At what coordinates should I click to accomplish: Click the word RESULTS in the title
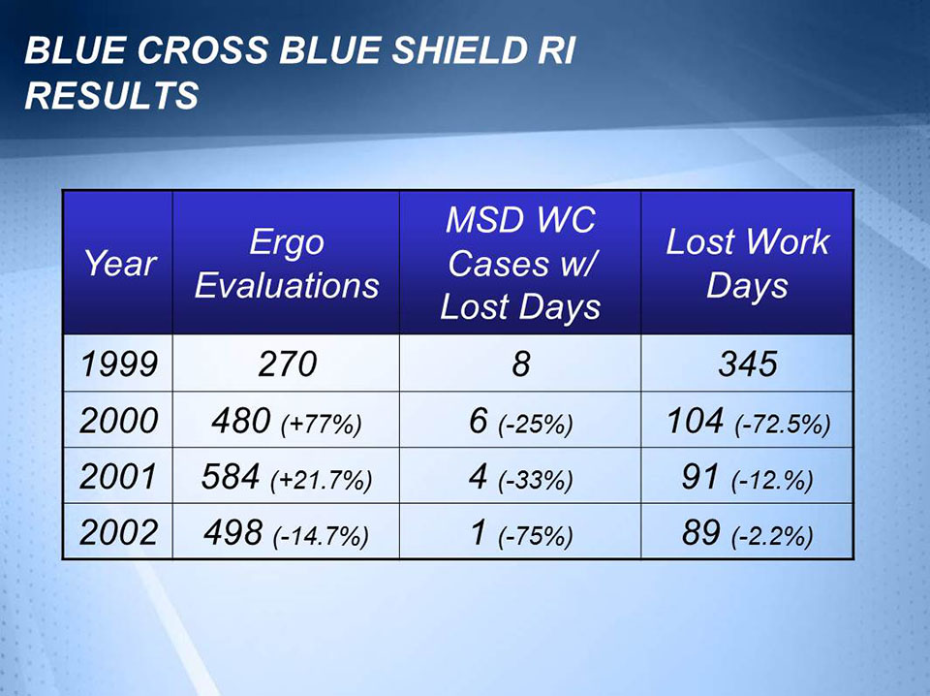(x=111, y=95)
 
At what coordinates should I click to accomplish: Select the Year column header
(x=120, y=263)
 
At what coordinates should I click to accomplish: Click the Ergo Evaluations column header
(x=287, y=264)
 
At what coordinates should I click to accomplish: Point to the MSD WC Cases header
(x=520, y=264)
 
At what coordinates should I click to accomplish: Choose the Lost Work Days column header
(x=747, y=264)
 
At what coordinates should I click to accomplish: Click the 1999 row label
(x=119, y=364)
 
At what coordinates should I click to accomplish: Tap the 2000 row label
(x=118, y=420)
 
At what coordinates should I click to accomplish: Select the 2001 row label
(x=118, y=476)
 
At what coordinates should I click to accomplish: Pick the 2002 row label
(x=118, y=531)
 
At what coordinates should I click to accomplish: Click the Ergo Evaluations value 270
(x=288, y=364)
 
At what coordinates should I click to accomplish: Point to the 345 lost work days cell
(x=747, y=364)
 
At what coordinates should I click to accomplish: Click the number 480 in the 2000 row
(x=241, y=420)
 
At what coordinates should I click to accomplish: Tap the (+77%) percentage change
(x=321, y=425)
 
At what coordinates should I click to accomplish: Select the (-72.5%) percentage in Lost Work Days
(x=783, y=425)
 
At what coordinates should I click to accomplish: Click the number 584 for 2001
(x=231, y=476)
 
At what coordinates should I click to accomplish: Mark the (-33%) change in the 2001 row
(x=536, y=481)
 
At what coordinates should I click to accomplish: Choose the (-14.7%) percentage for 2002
(x=321, y=536)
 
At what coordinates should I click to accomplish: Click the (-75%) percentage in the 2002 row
(x=536, y=536)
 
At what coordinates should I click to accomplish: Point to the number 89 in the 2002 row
(x=701, y=531)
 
